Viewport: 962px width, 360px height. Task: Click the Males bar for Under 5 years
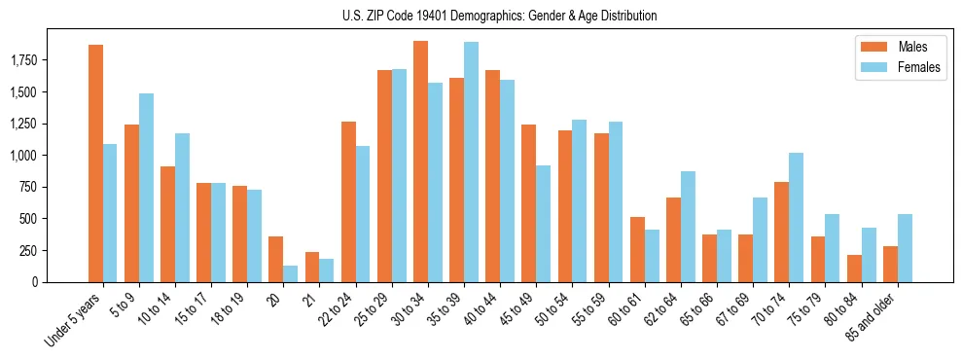[x=95, y=163]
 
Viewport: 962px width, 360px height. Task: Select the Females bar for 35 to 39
[x=471, y=162]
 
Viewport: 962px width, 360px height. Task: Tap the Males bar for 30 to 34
[x=420, y=162]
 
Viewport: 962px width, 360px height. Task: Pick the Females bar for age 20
[x=291, y=273]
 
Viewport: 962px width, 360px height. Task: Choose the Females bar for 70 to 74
[x=796, y=217]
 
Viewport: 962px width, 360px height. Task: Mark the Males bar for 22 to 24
[x=348, y=201]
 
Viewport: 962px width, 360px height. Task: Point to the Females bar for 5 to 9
[x=146, y=188]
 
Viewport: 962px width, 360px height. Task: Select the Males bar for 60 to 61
[x=637, y=249]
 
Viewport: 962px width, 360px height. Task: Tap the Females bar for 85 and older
[x=905, y=248]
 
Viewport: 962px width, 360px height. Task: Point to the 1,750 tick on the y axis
[x=38, y=61]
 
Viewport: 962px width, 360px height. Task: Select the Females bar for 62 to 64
[x=688, y=227]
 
